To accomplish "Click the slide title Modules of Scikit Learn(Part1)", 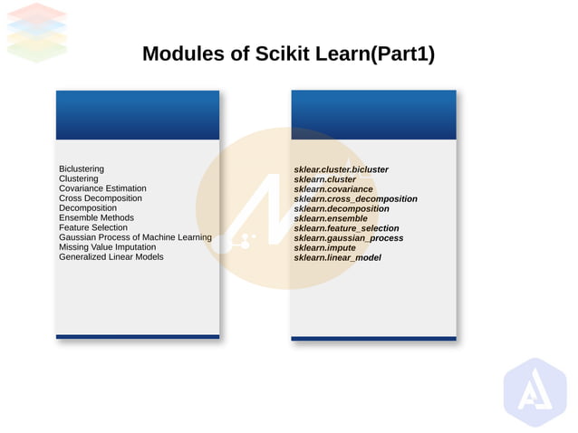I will pos(288,54).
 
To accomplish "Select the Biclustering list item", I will pos(82,169).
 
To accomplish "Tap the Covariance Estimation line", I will pos(102,188).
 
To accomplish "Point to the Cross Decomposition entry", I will pos(101,198).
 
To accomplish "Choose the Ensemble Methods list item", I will pos(96,217).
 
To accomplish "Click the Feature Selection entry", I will pos(93,227).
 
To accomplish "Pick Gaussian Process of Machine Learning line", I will pos(135,237).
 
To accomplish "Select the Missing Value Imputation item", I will pos(107,247).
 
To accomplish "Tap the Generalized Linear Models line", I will pos(111,256).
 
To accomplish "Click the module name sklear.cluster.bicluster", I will pos(341,169).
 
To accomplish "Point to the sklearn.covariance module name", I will pos(333,189).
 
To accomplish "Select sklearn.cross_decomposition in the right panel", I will pos(355,198).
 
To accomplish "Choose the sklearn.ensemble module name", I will pos(331,218).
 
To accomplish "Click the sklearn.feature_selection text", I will pos(346,228).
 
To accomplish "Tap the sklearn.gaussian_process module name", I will pos(348,238).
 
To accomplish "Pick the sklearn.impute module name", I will pos(325,248).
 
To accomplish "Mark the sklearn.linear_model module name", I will pos(337,258).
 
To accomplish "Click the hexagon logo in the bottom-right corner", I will pos(535,392).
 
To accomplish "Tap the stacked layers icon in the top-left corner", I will pos(37,31).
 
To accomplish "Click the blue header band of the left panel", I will pos(138,115).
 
